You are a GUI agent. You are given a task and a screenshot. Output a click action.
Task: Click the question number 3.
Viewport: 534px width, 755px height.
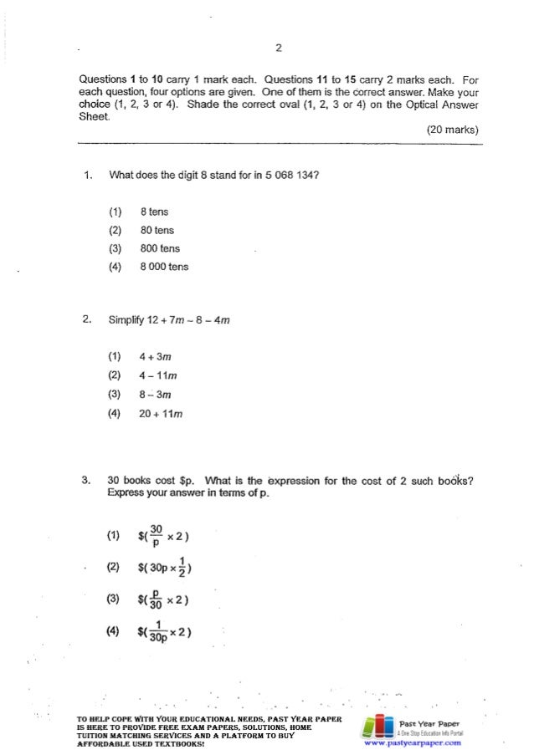(86, 481)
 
